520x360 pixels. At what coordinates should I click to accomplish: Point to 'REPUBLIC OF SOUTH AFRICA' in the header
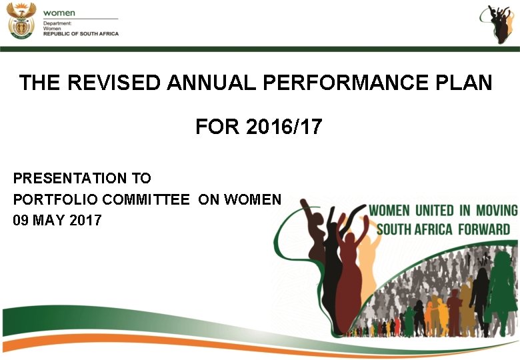[81, 33]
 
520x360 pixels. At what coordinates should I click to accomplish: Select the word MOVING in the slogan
[497, 211]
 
